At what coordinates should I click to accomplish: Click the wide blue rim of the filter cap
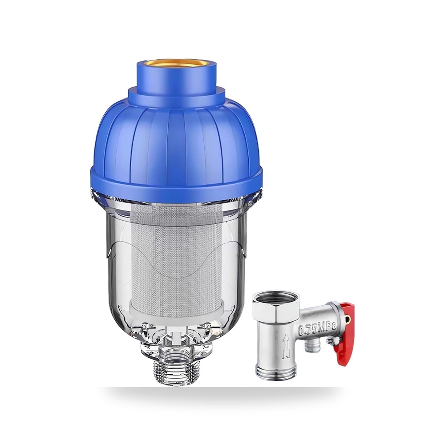(x=178, y=179)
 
